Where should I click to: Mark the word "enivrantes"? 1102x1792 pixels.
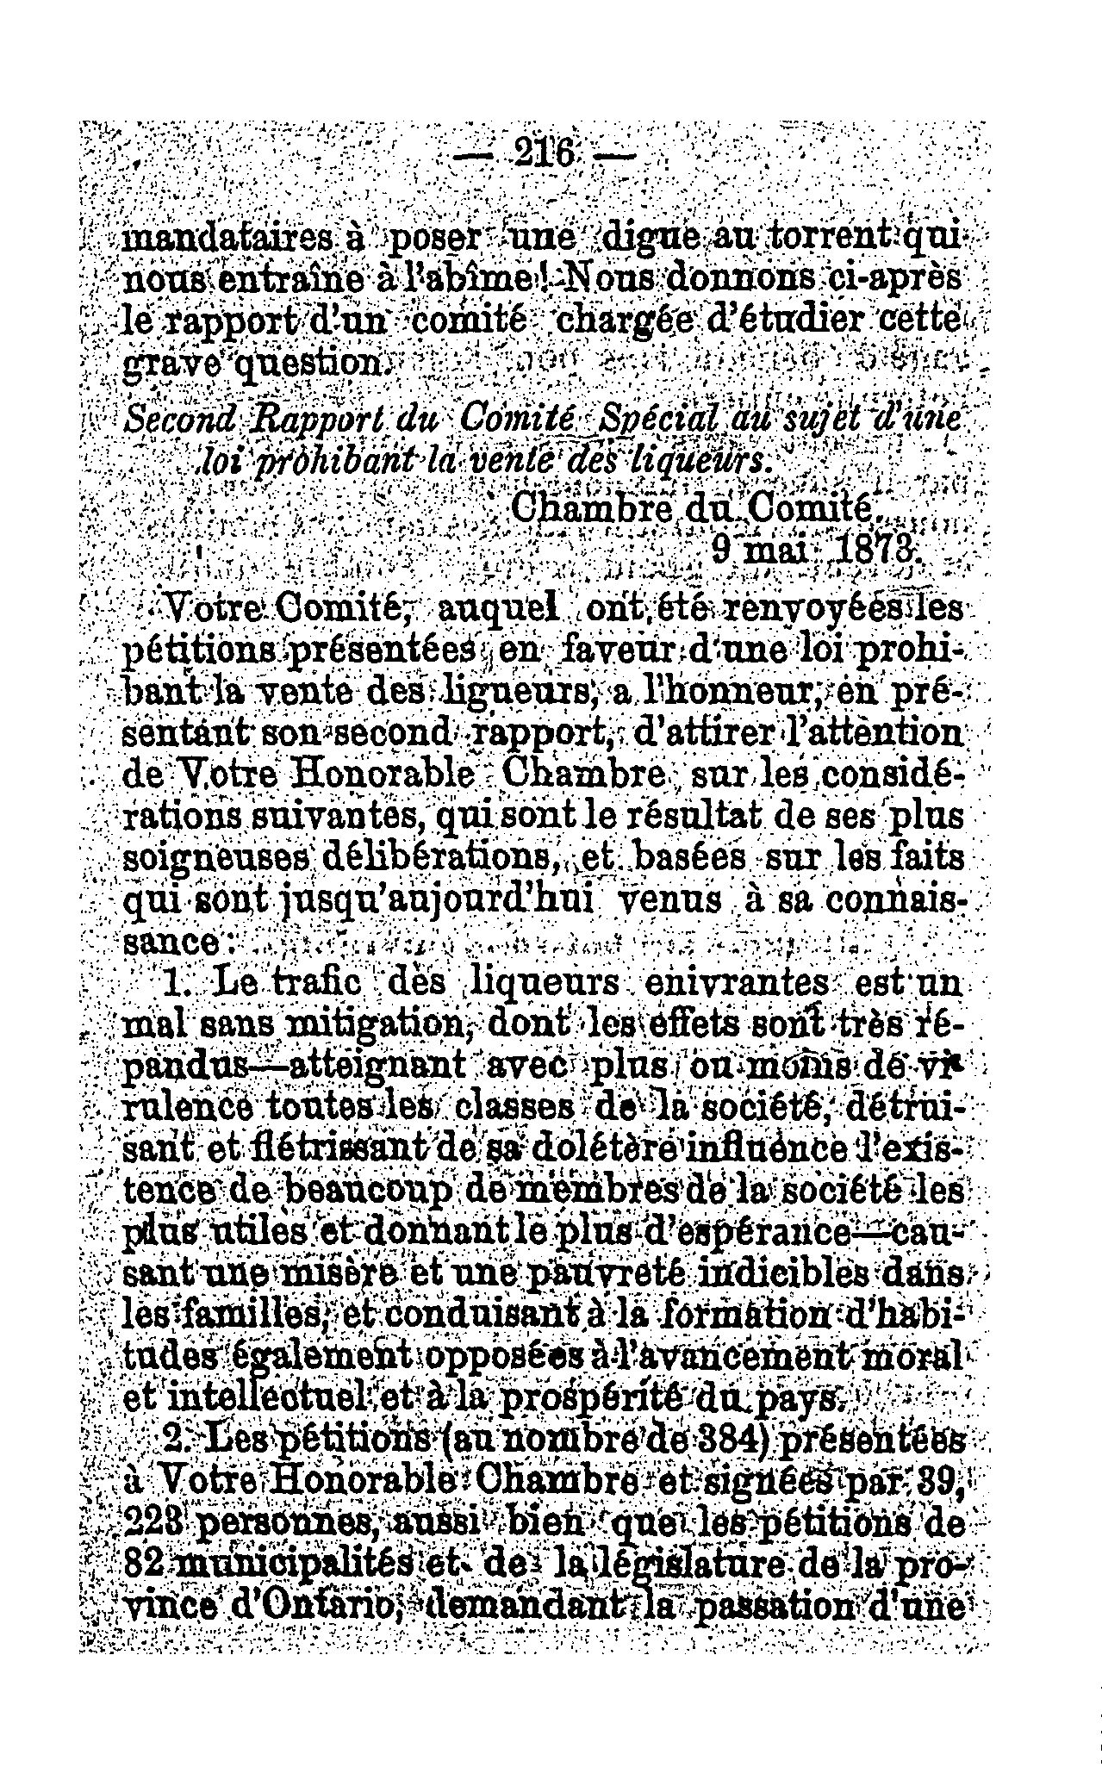pyautogui.click(x=749, y=984)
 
